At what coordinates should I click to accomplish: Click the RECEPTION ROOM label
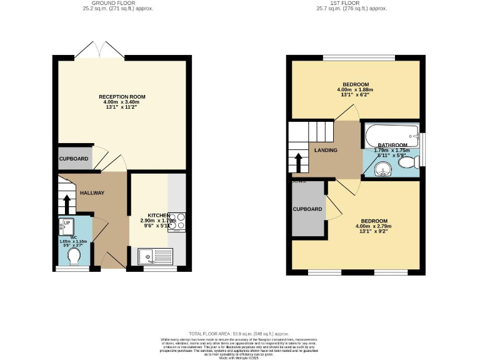122,97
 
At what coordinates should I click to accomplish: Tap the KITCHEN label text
159,214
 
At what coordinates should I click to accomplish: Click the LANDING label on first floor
326,151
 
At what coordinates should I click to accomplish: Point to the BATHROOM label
392,145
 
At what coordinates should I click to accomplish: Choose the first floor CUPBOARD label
307,209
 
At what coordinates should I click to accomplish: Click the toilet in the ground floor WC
74,257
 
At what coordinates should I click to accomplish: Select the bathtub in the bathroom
391,132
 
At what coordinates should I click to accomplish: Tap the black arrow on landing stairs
299,164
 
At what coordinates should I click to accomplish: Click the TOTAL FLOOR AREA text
239,334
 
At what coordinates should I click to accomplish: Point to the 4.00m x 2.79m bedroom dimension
371,226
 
